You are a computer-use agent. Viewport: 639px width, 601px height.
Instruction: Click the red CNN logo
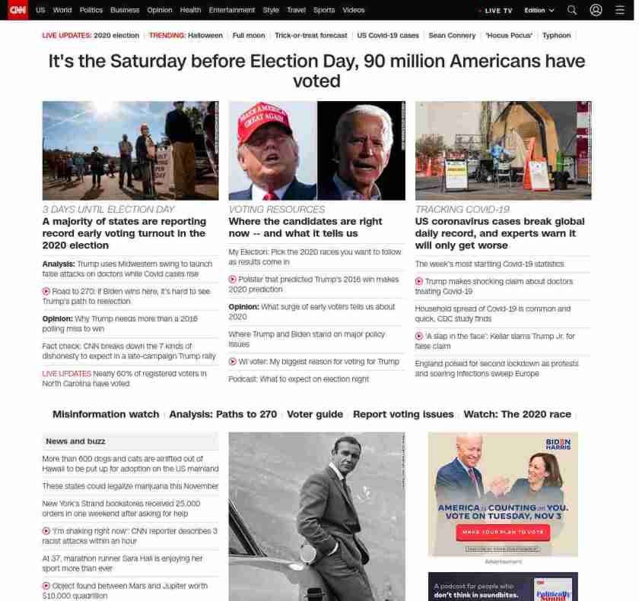pyautogui.click(x=17, y=10)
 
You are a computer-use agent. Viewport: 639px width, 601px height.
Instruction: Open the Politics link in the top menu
pyautogui.click(x=91, y=11)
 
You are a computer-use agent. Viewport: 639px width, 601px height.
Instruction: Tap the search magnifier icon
pyautogui.click(x=572, y=11)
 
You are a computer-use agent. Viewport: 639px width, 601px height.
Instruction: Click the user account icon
pyautogui.click(x=596, y=11)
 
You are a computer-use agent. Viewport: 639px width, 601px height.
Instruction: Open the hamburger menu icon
pyautogui.click(x=620, y=11)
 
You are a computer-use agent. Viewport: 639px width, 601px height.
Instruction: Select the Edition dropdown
pyautogui.click(x=539, y=11)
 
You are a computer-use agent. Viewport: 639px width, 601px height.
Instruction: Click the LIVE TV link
pyautogui.click(x=498, y=11)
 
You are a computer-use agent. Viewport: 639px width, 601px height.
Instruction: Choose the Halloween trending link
pyautogui.click(x=205, y=36)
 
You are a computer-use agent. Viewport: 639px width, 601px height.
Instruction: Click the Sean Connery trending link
pyautogui.click(x=452, y=36)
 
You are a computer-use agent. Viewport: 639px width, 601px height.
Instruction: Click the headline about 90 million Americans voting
pyautogui.click(x=317, y=71)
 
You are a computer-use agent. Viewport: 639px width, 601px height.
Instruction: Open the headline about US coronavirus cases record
pyautogui.click(x=500, y=233)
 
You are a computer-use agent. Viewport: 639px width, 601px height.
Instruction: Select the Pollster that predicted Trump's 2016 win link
pyautogui.click(x=318, y=284)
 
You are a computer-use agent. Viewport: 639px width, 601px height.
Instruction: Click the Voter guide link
pyautogui.click(x=315, y=414)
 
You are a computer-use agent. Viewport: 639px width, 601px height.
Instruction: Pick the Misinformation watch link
pyautogui.click(x=106, y=414)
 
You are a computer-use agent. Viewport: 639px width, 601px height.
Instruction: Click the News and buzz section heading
pyautogui.click(x=75, y=441)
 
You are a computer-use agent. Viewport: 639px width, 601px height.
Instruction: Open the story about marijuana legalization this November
pyautogui.click(x=130, y=486)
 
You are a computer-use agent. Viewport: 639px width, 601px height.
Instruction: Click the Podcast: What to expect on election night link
pyautogui.click(x=298, y=379)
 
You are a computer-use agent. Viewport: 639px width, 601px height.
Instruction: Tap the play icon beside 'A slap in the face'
pyautogui.click(x=419, y=336)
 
